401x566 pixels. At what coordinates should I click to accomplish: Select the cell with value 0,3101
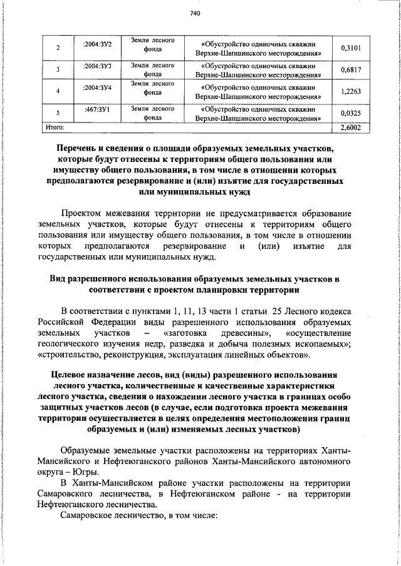pos(351,48)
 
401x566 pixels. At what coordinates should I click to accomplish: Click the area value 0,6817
pos(351,70)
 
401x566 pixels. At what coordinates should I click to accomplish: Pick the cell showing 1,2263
pos(351,91)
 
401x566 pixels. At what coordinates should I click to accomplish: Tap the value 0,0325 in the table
pos(351,113)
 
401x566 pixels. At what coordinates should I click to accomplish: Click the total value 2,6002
pos(351,127)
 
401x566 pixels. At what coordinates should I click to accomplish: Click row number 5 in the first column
pos(58,113)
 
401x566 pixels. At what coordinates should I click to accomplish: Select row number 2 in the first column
pos(58,48)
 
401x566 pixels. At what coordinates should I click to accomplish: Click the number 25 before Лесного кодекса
pos(278,311)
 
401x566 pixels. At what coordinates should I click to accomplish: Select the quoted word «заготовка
pos(185,333)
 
